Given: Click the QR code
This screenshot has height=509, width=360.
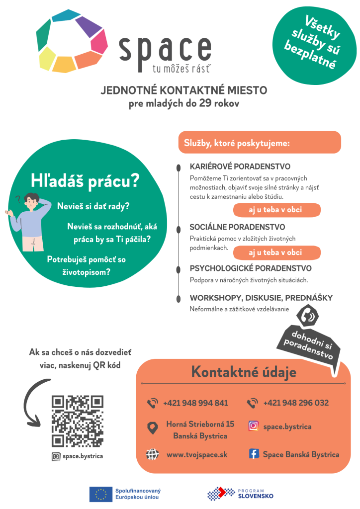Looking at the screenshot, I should point(77,421).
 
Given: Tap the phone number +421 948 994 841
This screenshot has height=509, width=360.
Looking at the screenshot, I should point(195,403).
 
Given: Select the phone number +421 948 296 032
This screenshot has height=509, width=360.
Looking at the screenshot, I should point(296,403).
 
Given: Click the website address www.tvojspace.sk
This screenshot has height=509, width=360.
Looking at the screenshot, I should point(197,454).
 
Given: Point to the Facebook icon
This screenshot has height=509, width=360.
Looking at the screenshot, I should point(254,454).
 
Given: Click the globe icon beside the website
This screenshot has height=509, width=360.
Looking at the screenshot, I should point(152,454).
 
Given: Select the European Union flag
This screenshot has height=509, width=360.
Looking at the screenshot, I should point(100,494).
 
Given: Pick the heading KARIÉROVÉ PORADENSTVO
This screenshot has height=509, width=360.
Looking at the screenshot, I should point(240,167).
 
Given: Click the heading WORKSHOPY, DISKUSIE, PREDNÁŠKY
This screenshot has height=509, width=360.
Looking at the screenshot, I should point(261,298).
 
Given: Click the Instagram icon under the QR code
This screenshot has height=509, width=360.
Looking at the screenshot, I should point(56,456).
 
